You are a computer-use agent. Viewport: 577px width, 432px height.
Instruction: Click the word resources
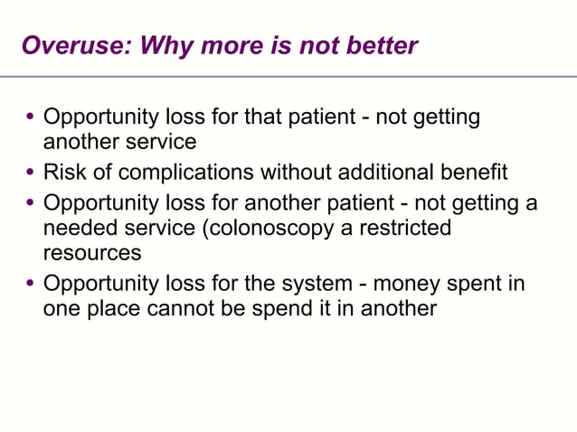(92, 255)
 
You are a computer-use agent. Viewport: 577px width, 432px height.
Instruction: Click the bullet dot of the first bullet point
(31, 118)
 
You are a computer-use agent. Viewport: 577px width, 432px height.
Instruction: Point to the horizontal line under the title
(288, 76)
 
